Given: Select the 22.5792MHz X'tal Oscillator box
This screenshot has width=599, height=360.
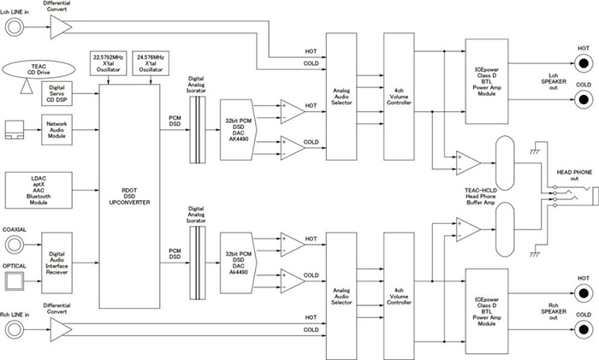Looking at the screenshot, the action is point(109,63).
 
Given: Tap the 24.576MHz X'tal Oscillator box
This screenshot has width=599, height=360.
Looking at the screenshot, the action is point(151,63).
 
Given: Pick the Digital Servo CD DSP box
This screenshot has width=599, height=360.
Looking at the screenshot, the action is point(56,93).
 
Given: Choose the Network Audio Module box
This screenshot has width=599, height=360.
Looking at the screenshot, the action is point(56,130).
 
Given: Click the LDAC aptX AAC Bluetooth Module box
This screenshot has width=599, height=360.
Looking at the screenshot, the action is point(39,190).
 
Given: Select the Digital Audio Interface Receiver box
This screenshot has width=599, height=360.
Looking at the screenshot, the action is point(56,263).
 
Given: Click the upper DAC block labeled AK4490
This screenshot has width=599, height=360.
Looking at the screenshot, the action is point(239,130).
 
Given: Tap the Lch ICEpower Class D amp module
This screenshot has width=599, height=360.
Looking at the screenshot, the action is point(487,81).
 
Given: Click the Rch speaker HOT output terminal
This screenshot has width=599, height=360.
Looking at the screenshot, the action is point(584,293).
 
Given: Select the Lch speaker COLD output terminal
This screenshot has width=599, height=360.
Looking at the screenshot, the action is point(584,100).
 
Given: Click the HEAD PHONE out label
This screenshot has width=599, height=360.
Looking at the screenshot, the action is point(574,175).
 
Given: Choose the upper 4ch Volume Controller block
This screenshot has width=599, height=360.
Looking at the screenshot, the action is point(399,97).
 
